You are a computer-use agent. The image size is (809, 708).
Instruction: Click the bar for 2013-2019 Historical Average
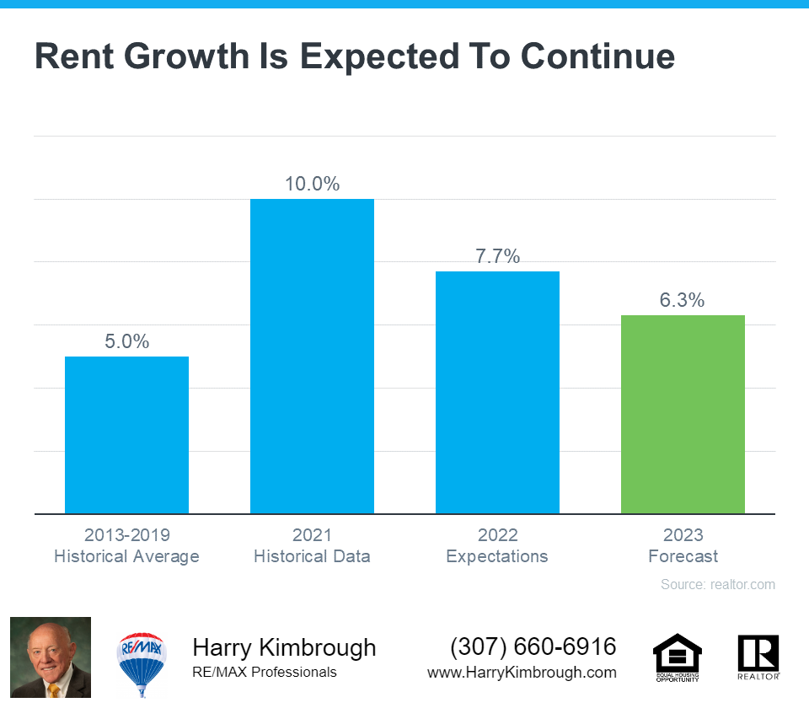pos(126,435)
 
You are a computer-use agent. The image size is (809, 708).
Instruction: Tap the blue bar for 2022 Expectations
pos(497,392)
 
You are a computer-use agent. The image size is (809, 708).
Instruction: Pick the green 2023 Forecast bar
pos(683,414)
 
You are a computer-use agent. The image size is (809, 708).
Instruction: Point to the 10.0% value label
pos(312,184)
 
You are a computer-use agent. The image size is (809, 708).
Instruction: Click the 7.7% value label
pos(497,256)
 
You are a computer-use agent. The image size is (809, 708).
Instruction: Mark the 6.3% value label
pos(683,300)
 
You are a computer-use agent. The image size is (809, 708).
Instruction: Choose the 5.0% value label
pos(126,341)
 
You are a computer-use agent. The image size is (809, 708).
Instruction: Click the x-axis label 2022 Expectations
pos(497,545)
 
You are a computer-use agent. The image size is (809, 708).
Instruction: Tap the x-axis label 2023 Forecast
pos(683,545)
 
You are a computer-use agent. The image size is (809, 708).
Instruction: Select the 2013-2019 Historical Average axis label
pos(126,545)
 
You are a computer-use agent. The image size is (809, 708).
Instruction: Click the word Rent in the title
pos(77,56)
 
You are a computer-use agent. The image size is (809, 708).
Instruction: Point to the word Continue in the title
pos(597,56)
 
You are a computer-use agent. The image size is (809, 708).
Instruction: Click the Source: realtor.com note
pos(717,584)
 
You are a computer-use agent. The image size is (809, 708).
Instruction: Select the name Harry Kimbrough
pos(284,647)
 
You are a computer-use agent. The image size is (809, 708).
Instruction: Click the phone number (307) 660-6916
pos(533,646)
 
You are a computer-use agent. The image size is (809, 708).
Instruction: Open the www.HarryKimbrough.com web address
pos(522,673)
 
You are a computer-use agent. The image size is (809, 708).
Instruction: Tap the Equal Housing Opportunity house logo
pos(677,657)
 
